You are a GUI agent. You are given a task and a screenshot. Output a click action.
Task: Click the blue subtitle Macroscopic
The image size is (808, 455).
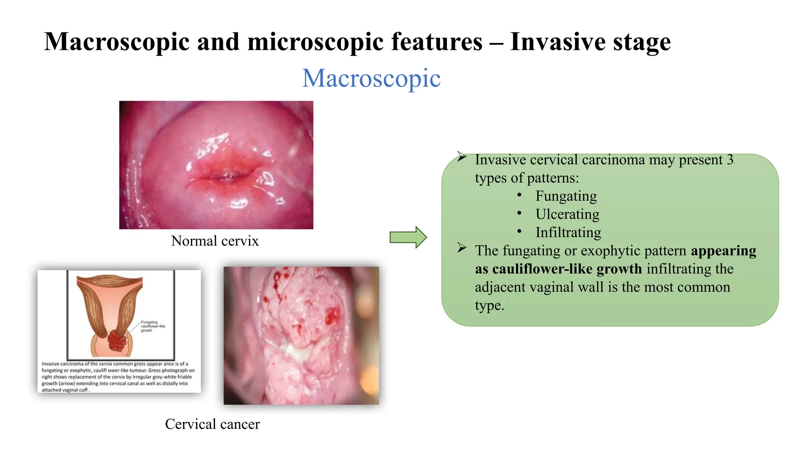coord(371,78)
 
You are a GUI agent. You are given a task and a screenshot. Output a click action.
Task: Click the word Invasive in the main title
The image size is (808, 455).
coord(557,42)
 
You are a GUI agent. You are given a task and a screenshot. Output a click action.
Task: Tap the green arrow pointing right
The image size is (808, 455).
coord(408,237)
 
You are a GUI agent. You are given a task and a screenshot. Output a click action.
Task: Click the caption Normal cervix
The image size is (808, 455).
coord(215,241)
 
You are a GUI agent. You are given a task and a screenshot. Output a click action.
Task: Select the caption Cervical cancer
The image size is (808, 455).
coord(212,424)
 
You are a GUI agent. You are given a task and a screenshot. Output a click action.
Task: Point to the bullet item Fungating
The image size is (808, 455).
coord(566,196)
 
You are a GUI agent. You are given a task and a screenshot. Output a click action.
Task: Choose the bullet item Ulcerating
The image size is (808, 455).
coord(567,214)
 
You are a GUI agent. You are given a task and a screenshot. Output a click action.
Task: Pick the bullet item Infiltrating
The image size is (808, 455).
coord(568,232)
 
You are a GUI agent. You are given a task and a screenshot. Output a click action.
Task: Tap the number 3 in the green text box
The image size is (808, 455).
coord(730,160)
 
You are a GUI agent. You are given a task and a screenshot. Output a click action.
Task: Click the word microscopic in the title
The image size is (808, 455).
coord(315,42)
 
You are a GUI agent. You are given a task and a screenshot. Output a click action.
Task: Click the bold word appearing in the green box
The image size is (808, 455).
coord(723,251)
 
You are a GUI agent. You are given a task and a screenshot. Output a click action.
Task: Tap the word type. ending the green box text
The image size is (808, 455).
coord(489,305)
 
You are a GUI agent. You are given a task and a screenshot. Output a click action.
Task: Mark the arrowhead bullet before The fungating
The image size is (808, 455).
coord(462,248)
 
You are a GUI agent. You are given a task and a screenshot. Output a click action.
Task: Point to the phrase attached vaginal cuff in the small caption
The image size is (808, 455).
coord(65,390)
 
